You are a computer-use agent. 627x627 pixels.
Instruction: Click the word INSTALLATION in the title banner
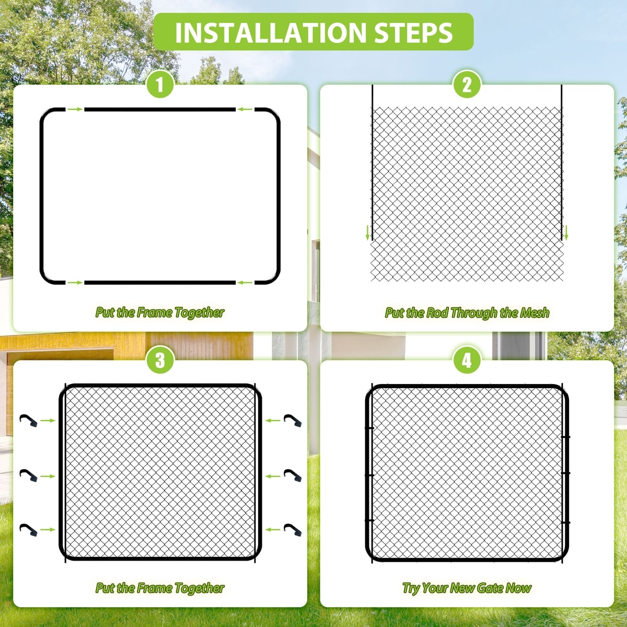tap(270, 32)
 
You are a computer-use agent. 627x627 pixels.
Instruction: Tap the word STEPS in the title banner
tap(413, 32)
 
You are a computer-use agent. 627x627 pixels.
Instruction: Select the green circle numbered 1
tap(160, 85)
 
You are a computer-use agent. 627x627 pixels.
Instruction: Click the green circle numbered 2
tap(467, 85)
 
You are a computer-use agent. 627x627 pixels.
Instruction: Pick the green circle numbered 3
tap(160, 360)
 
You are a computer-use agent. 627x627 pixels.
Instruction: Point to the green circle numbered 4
tap(467, 360)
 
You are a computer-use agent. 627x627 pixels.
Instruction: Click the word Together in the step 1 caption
tap(200, 312)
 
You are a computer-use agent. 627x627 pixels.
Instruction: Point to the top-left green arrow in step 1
tap(75, 110)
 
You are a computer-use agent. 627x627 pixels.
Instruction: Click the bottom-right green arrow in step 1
tap(245, 283)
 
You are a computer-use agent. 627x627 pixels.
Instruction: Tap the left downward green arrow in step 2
tap(368, 233)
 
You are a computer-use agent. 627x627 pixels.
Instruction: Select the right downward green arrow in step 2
tap(566, 233)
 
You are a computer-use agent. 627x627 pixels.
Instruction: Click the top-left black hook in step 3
tap(29, 421)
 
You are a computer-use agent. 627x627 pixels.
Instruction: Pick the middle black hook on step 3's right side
tap(293, 475)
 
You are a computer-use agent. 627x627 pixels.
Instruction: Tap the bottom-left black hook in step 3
tap(29, 530)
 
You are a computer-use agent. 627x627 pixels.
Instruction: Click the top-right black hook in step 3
tap(293, 421)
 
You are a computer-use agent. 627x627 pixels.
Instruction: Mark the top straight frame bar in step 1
tap(160, 110)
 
